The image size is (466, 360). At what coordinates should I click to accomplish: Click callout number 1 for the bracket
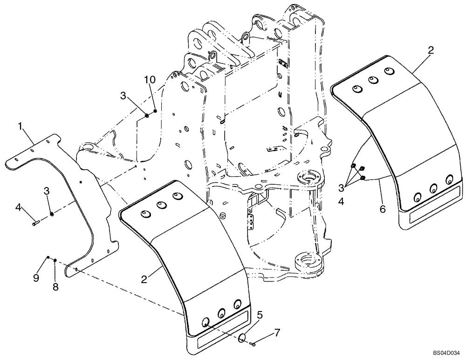tap(21, 125)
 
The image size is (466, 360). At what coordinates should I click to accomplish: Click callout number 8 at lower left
tap(55, 287)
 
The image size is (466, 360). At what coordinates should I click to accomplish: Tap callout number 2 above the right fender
tap(431, 50)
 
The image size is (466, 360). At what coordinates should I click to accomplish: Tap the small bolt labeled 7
tap(253, 344)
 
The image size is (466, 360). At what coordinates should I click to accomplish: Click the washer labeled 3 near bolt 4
tap(52, 214)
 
